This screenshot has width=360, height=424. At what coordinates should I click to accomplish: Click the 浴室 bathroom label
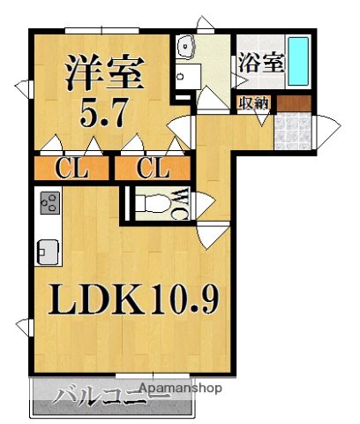click(x=260, y=64)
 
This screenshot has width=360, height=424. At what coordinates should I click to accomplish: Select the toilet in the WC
click(x=151, y=205)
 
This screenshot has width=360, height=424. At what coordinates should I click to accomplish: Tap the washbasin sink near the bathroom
click(x=187, y=49)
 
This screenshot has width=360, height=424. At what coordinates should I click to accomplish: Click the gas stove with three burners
click(x=47, y=204)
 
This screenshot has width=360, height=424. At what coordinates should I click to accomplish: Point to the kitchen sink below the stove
click(x=47, y=250)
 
